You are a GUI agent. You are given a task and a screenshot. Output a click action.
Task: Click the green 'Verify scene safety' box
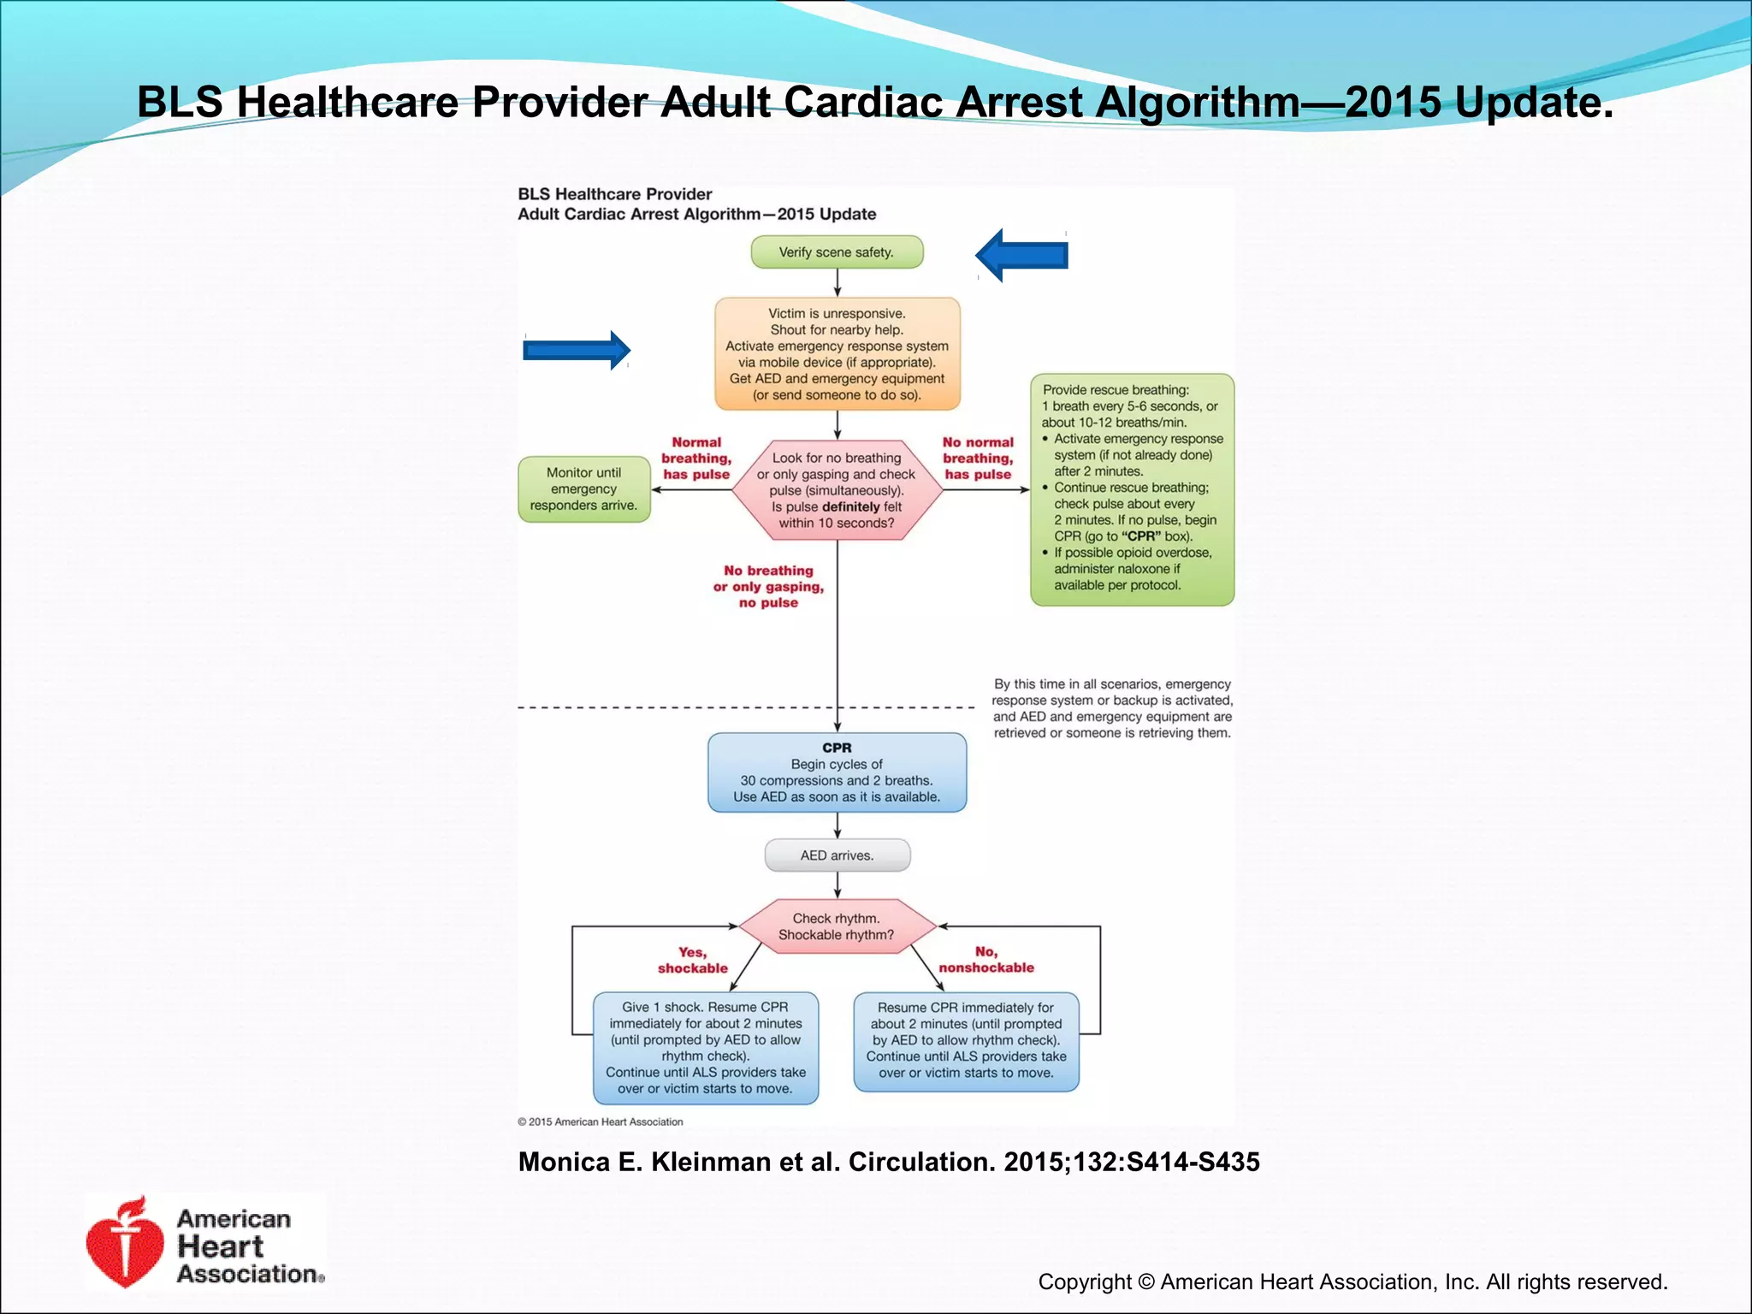click(837, 252)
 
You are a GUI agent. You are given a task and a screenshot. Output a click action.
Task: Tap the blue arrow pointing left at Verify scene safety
click(1021, 255)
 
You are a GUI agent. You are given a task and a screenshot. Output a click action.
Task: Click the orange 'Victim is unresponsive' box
click(837, 354)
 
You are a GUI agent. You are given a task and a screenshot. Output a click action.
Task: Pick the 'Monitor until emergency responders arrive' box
click(583, 489)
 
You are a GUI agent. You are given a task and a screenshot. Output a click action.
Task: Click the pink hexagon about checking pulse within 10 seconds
click(837, 490)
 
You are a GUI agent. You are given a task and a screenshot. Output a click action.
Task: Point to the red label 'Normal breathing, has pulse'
click(696, 459)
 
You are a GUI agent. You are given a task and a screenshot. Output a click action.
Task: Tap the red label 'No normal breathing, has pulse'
click(978, 459)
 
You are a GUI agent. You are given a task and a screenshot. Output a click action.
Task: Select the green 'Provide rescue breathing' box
click(1131, 489)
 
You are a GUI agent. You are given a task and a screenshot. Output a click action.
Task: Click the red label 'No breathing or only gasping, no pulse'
click(768, 587)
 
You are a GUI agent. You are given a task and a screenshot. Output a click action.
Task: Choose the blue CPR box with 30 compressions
click(837, 772)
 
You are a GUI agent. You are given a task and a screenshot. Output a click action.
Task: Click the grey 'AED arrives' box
click(837, 855)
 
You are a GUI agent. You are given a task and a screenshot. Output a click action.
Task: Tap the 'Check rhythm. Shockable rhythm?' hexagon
click(837, 926)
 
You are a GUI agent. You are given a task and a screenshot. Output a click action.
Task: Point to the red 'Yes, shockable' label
click(692, 960)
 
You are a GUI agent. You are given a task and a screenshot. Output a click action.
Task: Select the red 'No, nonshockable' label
click(985, 960)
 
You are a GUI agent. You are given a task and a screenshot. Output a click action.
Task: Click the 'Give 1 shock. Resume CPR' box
click(706, 1048)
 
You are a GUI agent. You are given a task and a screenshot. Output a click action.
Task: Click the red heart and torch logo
click(125, 1243)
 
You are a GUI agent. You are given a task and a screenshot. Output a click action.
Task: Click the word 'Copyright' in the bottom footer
click(1085, 1281)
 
